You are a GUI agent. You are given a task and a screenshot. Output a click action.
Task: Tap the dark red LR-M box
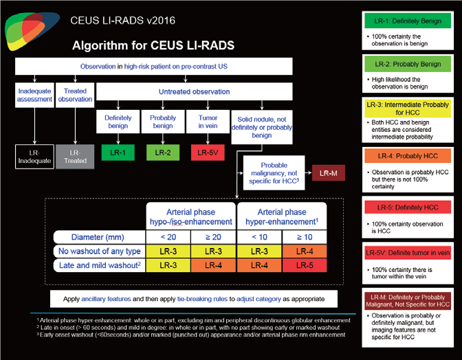(329, 172)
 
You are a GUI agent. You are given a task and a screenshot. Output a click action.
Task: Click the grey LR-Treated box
(76, 156)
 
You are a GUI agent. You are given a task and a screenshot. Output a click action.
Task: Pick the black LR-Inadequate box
(34, 156)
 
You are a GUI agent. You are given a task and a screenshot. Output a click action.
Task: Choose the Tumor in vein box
(208, 122)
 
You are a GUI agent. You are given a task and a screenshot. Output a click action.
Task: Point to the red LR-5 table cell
(305, 266)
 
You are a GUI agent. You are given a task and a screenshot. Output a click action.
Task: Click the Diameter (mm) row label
(99, 238)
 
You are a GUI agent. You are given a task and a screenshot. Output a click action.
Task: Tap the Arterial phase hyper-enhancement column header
(283, 217)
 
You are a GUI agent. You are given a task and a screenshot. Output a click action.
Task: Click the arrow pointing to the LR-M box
(307, 172)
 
